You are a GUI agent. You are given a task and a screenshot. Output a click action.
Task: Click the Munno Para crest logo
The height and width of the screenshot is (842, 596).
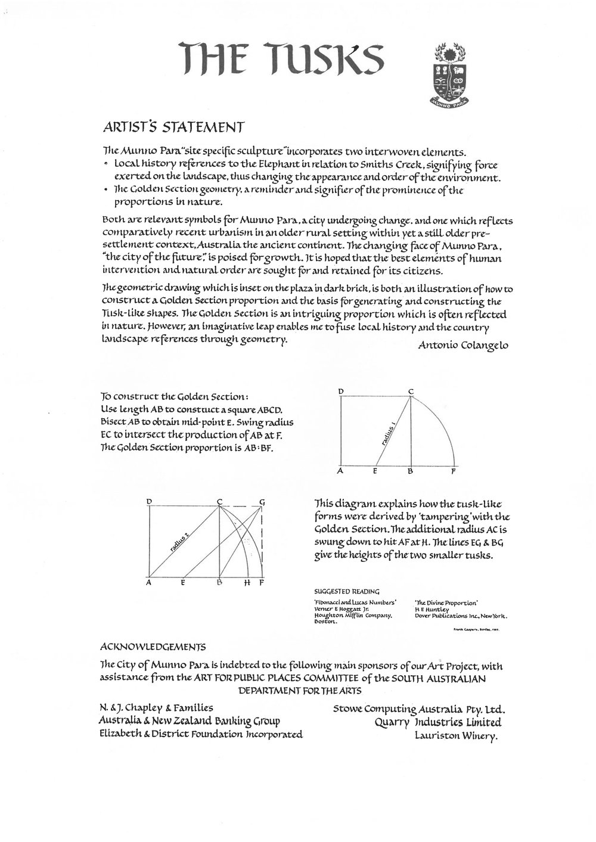tap(454, 70)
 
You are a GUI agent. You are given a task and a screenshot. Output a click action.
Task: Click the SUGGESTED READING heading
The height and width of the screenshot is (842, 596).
tap(346, 592)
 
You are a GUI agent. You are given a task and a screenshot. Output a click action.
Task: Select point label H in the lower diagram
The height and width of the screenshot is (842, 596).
tap(247, 584)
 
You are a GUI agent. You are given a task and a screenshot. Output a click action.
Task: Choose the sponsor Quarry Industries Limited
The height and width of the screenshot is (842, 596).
tap(437, 722)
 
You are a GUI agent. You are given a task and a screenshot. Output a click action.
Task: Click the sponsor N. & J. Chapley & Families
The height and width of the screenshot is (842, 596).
tap(157, 708)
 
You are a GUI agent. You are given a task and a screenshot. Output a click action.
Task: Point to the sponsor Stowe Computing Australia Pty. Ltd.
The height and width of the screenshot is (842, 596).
tap(418, 709)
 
